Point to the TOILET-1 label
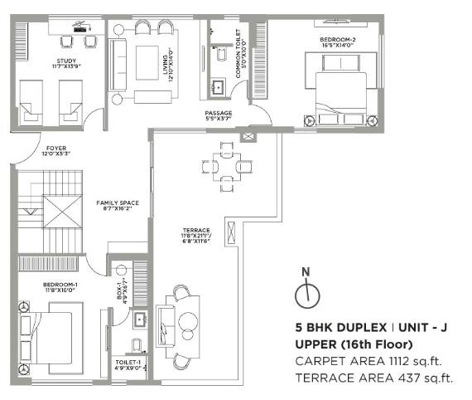click(130, 363)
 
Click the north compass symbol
click(306, 290)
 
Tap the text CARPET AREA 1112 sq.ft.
click(371, 362)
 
